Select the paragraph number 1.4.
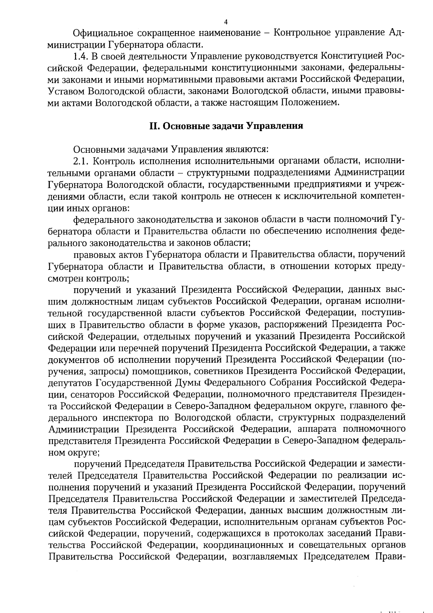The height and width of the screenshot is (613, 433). tap(80, 56)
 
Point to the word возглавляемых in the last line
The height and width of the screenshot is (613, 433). tap(266, 557)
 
